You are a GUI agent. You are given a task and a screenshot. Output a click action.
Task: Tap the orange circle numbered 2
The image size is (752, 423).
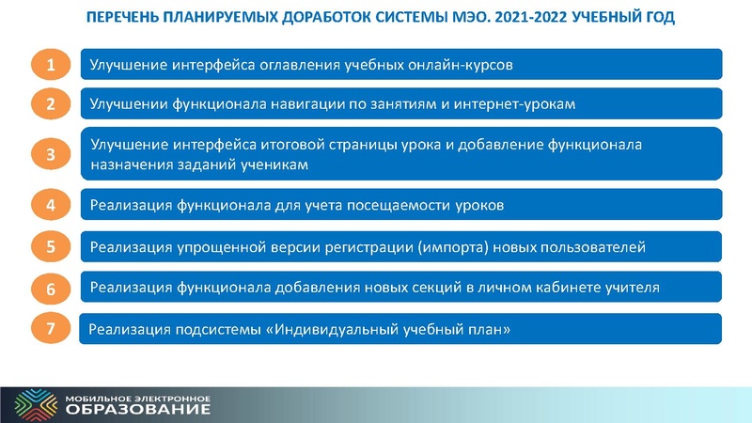pos(53,103)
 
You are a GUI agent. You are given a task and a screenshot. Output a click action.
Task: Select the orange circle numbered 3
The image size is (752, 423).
pos(53,154)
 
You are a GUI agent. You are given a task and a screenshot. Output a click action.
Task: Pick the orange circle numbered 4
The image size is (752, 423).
pos(53,204)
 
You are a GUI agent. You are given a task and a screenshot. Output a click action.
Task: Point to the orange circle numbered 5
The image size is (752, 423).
pos(53,247)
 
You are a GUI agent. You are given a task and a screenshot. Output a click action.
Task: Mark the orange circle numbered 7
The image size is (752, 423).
pos(53,329)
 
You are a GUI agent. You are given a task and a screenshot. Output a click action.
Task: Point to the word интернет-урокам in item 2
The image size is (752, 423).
pos(534,103)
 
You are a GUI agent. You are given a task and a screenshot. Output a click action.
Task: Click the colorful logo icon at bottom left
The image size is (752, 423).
pos(30,404)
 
